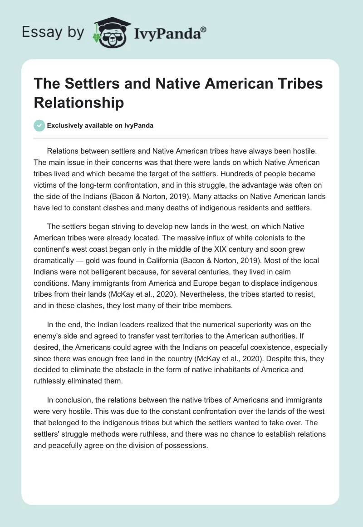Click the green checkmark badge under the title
click(x=39, y=125)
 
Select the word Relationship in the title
click(x=79, y=103)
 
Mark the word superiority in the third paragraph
click(x=270, y=324)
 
